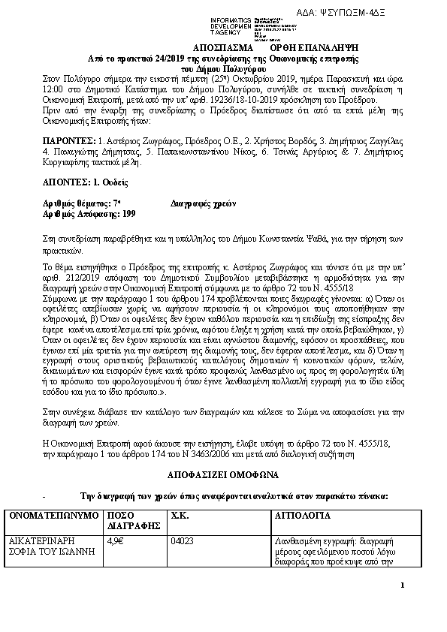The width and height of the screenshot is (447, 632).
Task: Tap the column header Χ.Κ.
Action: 180,517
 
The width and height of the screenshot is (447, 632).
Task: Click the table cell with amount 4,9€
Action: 115,539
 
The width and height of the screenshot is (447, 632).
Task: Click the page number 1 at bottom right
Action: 403,585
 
